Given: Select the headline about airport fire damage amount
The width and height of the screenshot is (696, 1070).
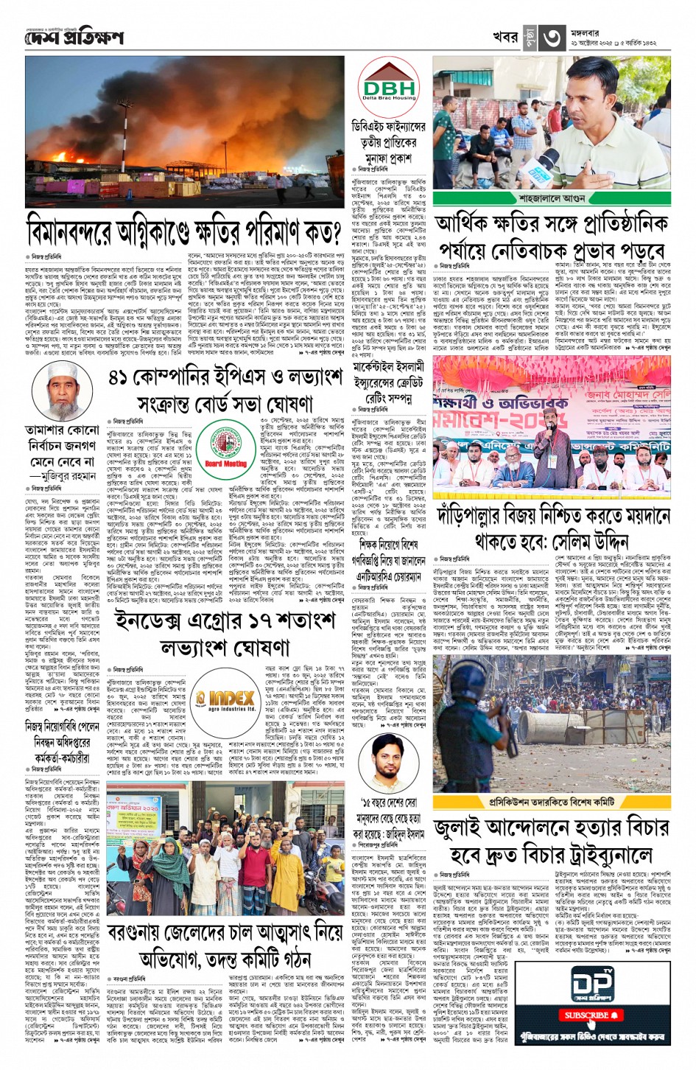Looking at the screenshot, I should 183,231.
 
